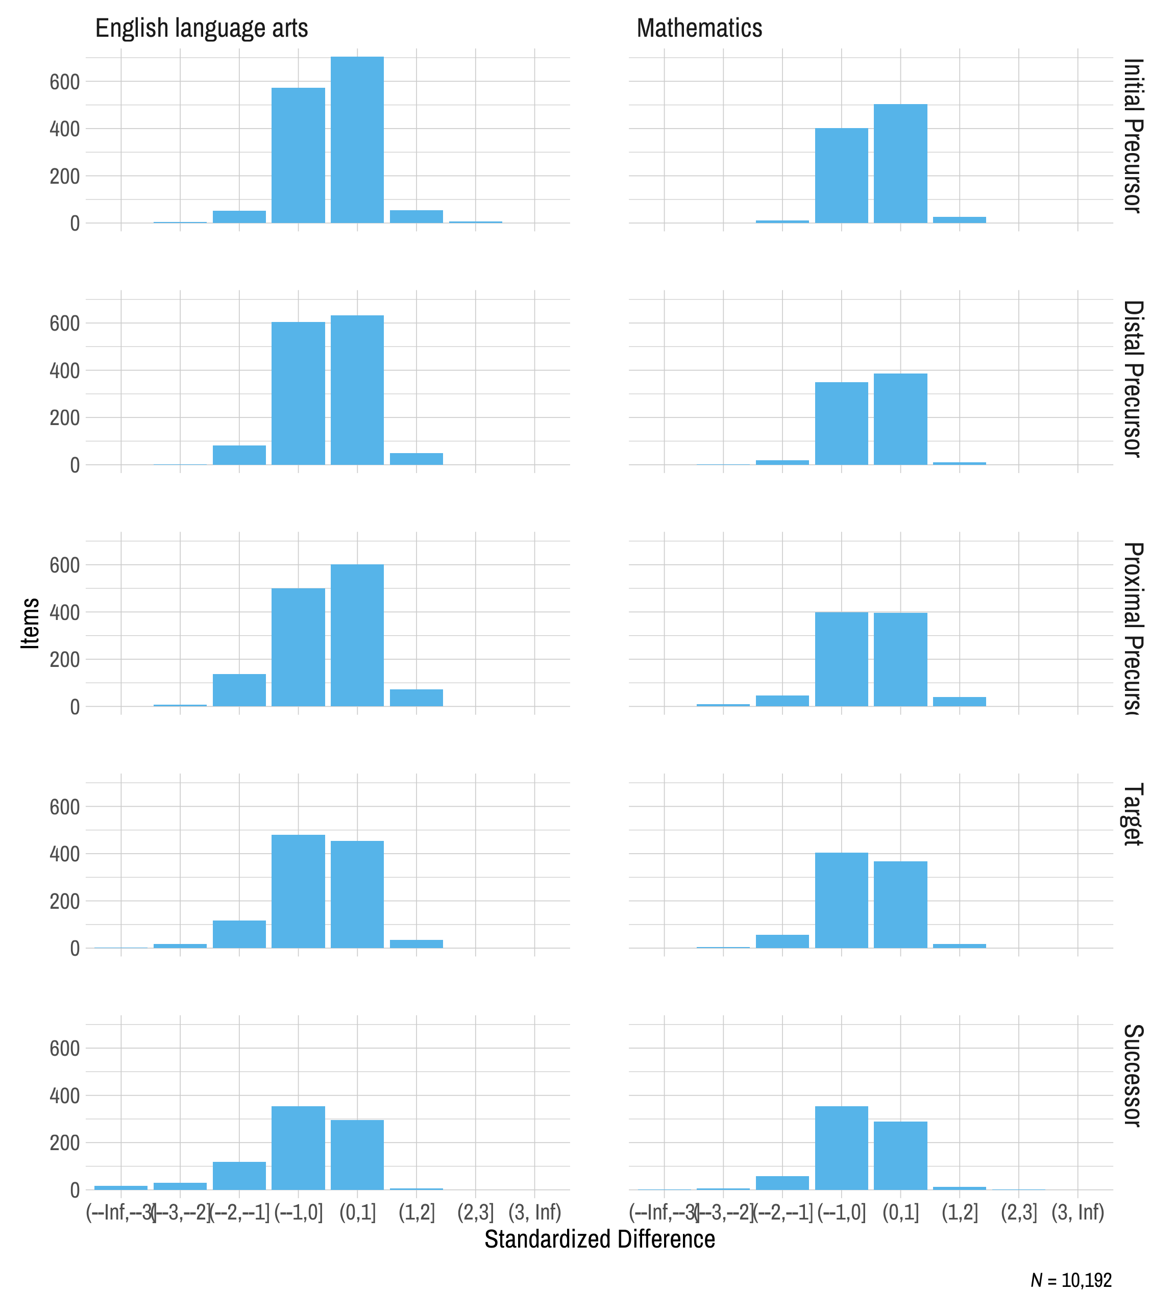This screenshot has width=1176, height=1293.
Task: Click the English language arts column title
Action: [202, 28]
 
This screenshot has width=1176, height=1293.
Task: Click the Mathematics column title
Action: [699, 28]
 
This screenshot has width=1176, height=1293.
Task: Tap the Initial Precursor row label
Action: [1133, 135]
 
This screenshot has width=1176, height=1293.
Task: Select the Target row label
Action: [1133, 814]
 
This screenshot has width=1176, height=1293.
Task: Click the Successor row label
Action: [1133, 1075]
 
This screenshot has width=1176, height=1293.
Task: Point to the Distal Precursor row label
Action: [1133, 379]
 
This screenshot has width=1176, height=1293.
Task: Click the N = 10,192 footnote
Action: [1071, 1280]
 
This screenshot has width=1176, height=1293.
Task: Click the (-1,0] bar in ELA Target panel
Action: [298, 891]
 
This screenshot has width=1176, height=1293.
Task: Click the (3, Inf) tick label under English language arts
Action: [534, 1212]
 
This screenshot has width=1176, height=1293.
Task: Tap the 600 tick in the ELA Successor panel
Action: [65, 1048]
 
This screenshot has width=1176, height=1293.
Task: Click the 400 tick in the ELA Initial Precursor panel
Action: [65, 129]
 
